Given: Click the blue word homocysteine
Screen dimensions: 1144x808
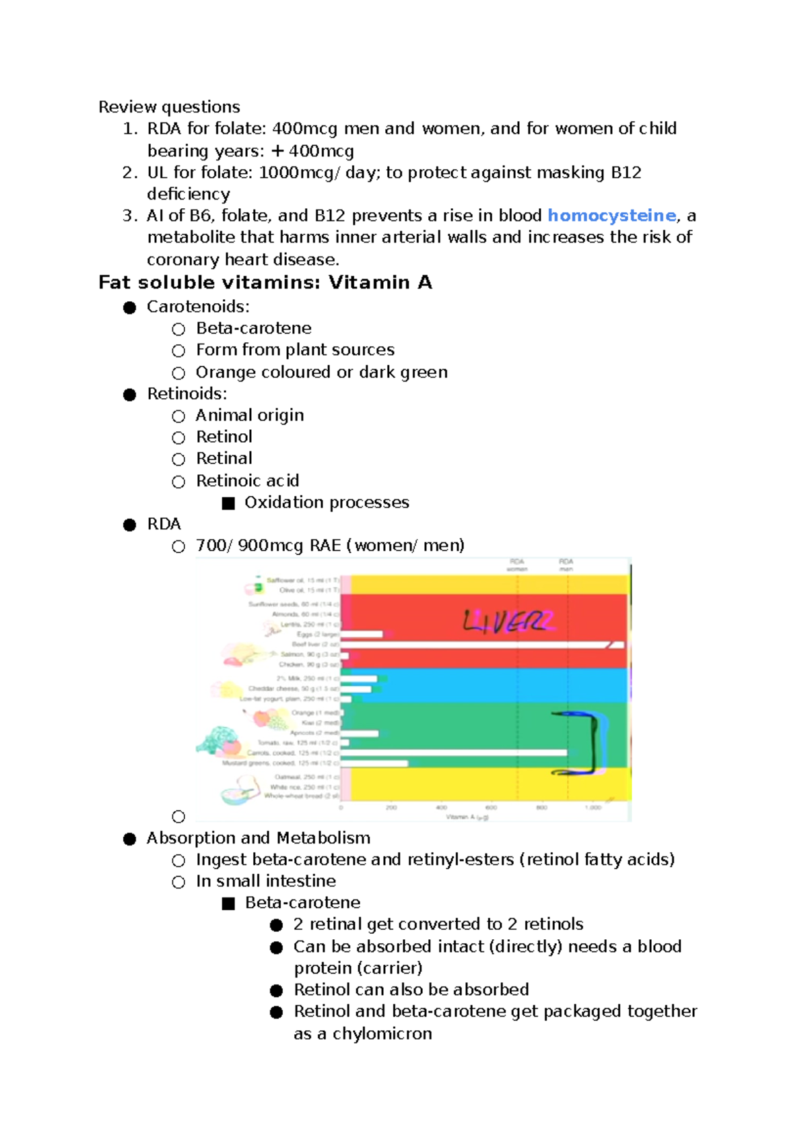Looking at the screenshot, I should click(611, 216).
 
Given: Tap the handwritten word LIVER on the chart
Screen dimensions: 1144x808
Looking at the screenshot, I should click(508, 621).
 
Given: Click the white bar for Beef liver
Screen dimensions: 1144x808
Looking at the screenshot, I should click(481, 645).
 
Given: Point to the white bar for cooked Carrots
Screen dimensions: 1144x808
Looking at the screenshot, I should click(454, 753).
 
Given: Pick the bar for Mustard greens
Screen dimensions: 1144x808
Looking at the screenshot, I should click(374, 763).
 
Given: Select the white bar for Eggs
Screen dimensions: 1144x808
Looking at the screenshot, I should click(362, 634).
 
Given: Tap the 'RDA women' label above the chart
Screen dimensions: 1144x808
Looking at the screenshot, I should click(517, 565).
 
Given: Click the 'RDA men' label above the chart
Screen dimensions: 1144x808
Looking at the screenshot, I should click(566, 565).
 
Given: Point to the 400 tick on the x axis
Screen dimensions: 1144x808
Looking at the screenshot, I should click(441, 807).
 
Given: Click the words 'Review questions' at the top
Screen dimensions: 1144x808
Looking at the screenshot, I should click(169, 107).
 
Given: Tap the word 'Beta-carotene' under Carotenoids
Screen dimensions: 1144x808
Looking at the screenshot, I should click(254, 328).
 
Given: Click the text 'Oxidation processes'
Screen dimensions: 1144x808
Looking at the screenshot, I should click(327, 503).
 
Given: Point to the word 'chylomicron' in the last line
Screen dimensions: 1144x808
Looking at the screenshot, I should click(382, 1034).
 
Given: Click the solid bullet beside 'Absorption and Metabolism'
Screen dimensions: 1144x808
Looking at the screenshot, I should click(130, 839).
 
